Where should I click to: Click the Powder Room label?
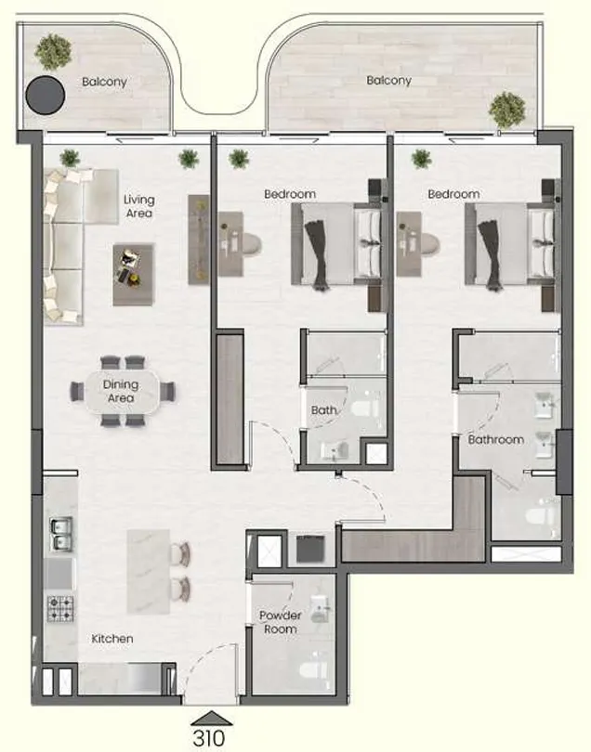pos(279,622)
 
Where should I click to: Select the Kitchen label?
pos(112,639)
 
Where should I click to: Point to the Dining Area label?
pos(121,391)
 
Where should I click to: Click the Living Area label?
pos(139,206)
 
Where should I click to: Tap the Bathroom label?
pos(495,439)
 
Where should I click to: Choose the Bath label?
pos(323,409)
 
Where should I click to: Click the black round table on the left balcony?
pos(44,93)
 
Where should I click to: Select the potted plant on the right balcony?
pos(507,110)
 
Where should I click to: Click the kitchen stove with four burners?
pos(61,608)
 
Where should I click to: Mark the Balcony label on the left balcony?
pos(104,82)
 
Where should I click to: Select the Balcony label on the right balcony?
pos(388,81)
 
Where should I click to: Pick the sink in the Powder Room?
pos(321,608)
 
